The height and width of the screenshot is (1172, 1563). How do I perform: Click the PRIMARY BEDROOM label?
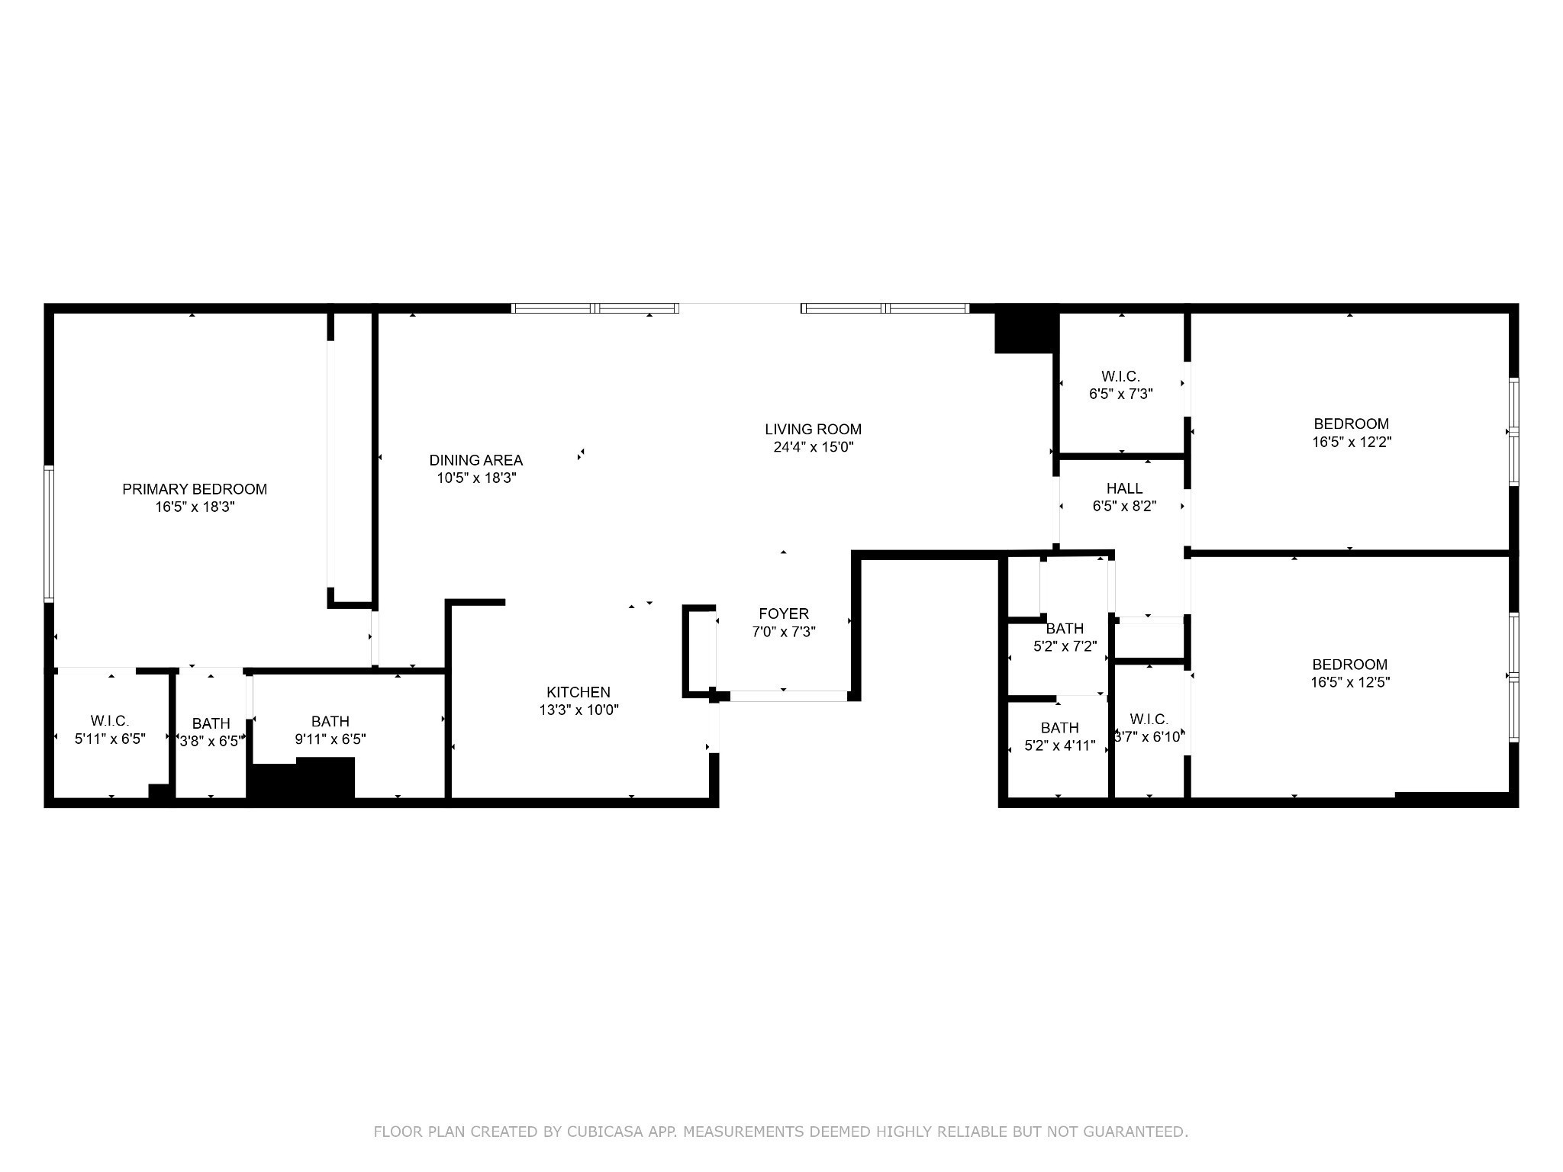[x=195, y=489]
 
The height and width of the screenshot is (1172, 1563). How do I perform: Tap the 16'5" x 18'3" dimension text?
[x=195, y=507]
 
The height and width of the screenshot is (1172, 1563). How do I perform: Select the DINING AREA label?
[x=475, y=460]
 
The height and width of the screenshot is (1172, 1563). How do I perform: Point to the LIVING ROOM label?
[x=813, y=430]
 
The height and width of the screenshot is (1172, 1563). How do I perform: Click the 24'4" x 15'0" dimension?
[x=813, y=448]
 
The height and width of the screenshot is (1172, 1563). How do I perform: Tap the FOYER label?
[x=784, y=613]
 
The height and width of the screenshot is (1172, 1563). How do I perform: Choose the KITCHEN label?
[x=578, y=692]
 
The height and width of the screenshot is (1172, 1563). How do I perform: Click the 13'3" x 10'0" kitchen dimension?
[x=578, y=710]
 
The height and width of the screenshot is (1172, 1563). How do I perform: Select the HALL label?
[x=1124, y=488]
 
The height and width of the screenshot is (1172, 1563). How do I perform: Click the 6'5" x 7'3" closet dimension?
[x=1120, y=394]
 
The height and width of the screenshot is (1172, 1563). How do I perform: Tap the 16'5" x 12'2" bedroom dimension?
[x=1351, y=442]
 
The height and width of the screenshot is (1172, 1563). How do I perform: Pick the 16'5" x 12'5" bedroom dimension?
[x=1349, y=683]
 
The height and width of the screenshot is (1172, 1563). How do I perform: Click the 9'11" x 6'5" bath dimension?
[x=330, y=739]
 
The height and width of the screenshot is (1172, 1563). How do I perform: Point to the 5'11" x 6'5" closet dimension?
[x=110, y=739]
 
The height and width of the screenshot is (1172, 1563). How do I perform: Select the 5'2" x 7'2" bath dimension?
[x=1065, y=647]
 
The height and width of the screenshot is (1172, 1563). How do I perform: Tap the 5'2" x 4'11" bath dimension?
[x=1059, y=746]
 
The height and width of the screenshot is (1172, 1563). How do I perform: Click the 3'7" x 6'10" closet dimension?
[x=1149, y=737]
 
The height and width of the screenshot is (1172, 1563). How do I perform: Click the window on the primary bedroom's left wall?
[x=49, y=534]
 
